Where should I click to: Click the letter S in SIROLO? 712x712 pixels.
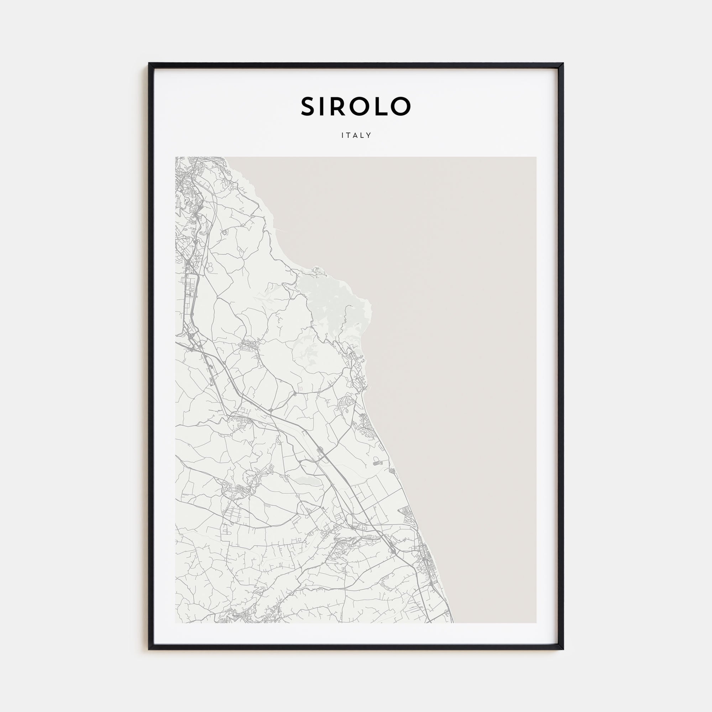tap(309, 106)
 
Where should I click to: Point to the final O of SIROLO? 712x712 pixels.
tap(401, 106)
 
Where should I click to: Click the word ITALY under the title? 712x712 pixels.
tap(356, 135)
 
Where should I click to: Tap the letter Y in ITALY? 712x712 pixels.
tap(369, 135)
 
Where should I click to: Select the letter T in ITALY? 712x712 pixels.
tap(349, 135)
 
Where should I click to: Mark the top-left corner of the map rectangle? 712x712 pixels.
tap(176, 158)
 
